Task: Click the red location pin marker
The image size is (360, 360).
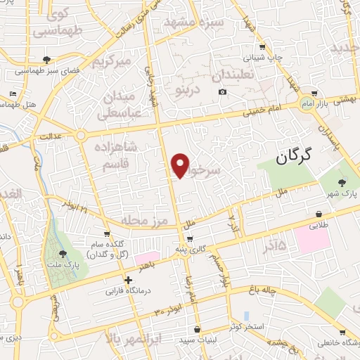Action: click(x=181, y=165)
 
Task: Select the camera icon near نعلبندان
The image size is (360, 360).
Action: click(x=223, y=92)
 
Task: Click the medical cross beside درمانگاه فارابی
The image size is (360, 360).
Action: click(x=128, y=279)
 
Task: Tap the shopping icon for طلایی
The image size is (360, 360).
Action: click(x=320, y=214)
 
